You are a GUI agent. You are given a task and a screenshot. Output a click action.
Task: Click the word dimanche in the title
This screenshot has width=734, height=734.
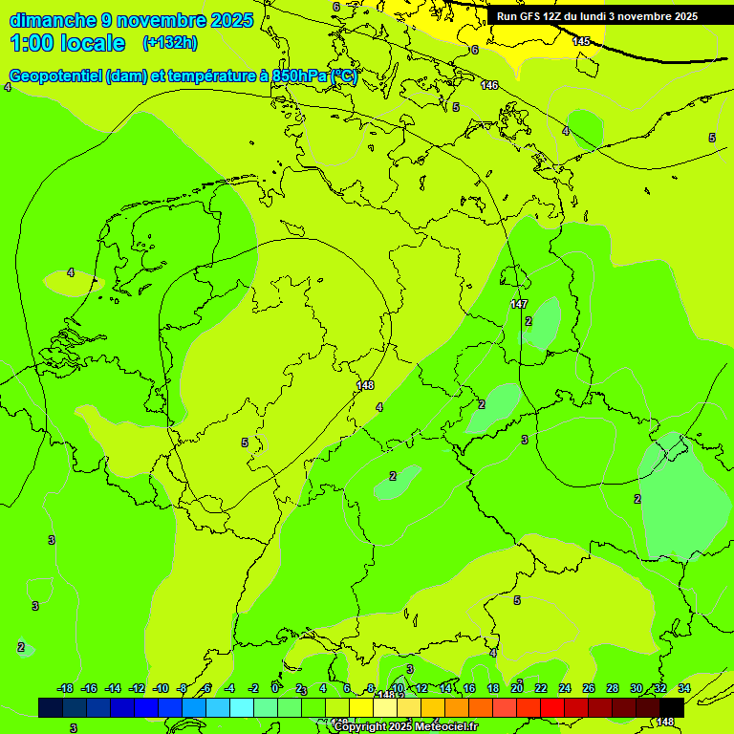pos(54,20)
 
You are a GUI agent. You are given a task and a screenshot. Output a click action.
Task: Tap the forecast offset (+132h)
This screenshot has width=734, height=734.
pos(170,43)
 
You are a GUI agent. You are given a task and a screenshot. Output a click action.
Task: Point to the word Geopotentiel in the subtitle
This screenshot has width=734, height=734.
pos(56,76)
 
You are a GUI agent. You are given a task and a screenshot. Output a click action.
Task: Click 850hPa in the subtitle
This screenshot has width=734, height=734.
pos(299,76)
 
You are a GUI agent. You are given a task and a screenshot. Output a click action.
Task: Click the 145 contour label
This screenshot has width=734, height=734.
pos(581,41)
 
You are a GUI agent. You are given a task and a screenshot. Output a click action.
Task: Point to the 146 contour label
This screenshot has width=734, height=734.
pos(489,86)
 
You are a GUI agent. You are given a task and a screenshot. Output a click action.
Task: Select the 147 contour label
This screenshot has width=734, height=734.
pos(518,304)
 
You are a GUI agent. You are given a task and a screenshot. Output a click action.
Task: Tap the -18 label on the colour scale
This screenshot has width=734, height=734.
pos(65,688)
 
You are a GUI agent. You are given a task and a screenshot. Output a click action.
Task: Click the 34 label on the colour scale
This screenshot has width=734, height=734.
pos(684,688)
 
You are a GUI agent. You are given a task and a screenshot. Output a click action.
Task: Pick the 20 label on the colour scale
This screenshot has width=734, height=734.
pos(517,688)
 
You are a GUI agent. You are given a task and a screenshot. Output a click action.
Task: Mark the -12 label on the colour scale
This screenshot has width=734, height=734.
pos(137,688)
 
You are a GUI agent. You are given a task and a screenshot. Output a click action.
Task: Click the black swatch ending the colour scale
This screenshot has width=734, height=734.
pos(672,707)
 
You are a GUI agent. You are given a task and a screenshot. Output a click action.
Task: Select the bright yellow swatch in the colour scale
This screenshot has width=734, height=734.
pos(361,707)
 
